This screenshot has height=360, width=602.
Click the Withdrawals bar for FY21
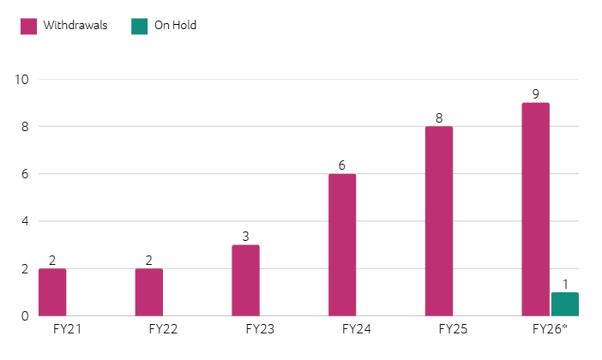click(x=52, y=292)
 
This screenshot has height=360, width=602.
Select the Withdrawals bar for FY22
click(x=148, y=292)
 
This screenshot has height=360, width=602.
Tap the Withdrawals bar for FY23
click(x=245, y=280)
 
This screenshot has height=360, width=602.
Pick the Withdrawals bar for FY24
click(x=341, y=245)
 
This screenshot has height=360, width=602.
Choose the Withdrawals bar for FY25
click(x=438, y=221)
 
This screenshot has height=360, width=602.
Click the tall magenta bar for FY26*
click(x=535, y=209)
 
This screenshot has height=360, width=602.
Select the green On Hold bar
click(x=564, y=304)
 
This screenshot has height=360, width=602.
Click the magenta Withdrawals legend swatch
click(x=28, y=26)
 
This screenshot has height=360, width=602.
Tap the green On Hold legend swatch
click(x=139, y=26)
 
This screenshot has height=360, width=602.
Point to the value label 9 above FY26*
click(x=535, y=94)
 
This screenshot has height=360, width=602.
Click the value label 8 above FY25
click(x=438, y=118)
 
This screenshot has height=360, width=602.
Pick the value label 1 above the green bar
click(x=564, y=284)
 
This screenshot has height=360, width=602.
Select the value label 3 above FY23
click(x=245, y=237)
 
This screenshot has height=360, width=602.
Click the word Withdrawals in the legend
click(x=75, y=26)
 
